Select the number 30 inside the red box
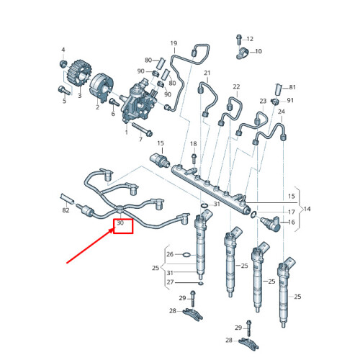tap(121, 224)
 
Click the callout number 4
tap(63, 50)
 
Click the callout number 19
tap(173, 44)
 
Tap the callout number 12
tap(250, 38)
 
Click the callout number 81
tap(292, 87)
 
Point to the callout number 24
tap(282, 112)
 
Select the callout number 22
tap(235, 87)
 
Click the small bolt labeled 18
tap(193, 155)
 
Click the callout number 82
tap(66, 211)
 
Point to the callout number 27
tap(171, 282)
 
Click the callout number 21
tap(207, 73)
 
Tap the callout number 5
tap(63, 101)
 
